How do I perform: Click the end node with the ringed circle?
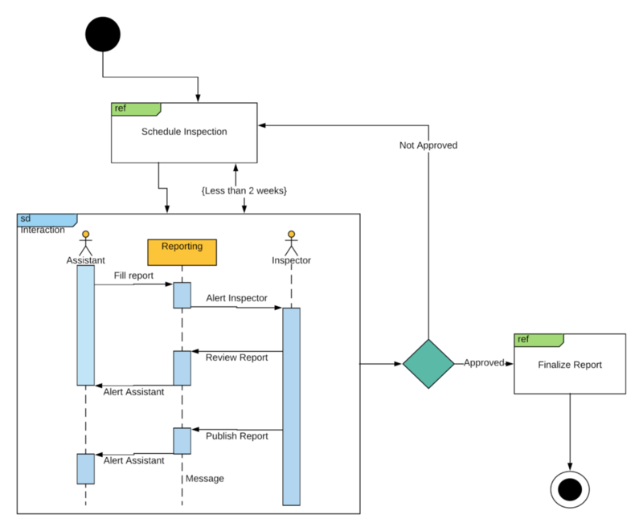(x=570, y=488)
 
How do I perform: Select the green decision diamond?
(x=428, y=363)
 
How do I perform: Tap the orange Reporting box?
(x=182, y=251)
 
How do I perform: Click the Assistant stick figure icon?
(x=85, y=242)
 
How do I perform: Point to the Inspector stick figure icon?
(x=291, y=242)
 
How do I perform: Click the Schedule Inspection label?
(x=184, y=132)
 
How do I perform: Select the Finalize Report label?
(x=570, y=364)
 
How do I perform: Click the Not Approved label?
(x=428, y=145)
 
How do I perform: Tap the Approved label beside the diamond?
(x=483, y=363)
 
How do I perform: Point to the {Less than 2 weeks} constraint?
(x=244, y=190)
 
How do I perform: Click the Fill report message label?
(x=133, y=276)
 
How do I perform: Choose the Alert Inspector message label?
(x=236, y=298)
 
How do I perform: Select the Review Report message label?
(x=236, y=357)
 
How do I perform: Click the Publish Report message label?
(x=236, y=436)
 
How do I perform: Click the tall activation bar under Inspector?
(x=291, y=406)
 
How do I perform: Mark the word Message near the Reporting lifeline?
(x=205, y=479)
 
